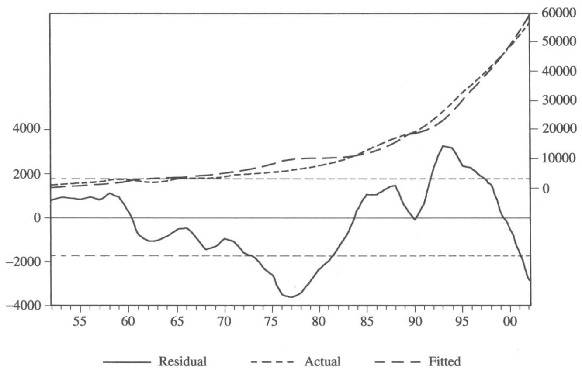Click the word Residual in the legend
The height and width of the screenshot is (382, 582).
pos(183,361)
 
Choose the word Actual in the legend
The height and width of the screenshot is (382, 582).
pos(322,361)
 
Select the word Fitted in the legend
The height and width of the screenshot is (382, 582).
pos(444,361)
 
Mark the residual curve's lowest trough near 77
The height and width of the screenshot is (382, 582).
pos(291,297)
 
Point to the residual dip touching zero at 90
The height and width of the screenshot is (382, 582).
pos(415,219)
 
